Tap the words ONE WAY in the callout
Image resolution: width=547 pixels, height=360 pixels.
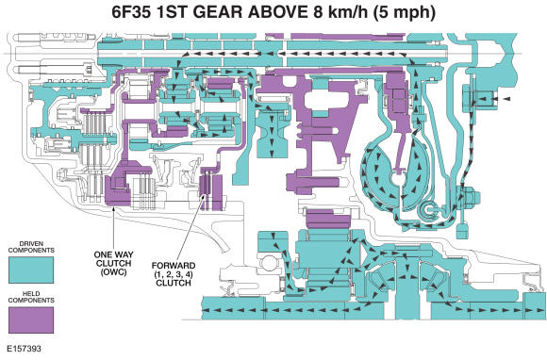coord(112,254)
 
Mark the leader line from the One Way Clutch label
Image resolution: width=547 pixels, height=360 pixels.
coord(112,226)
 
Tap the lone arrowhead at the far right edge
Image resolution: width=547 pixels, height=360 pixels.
coord(506,98)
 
